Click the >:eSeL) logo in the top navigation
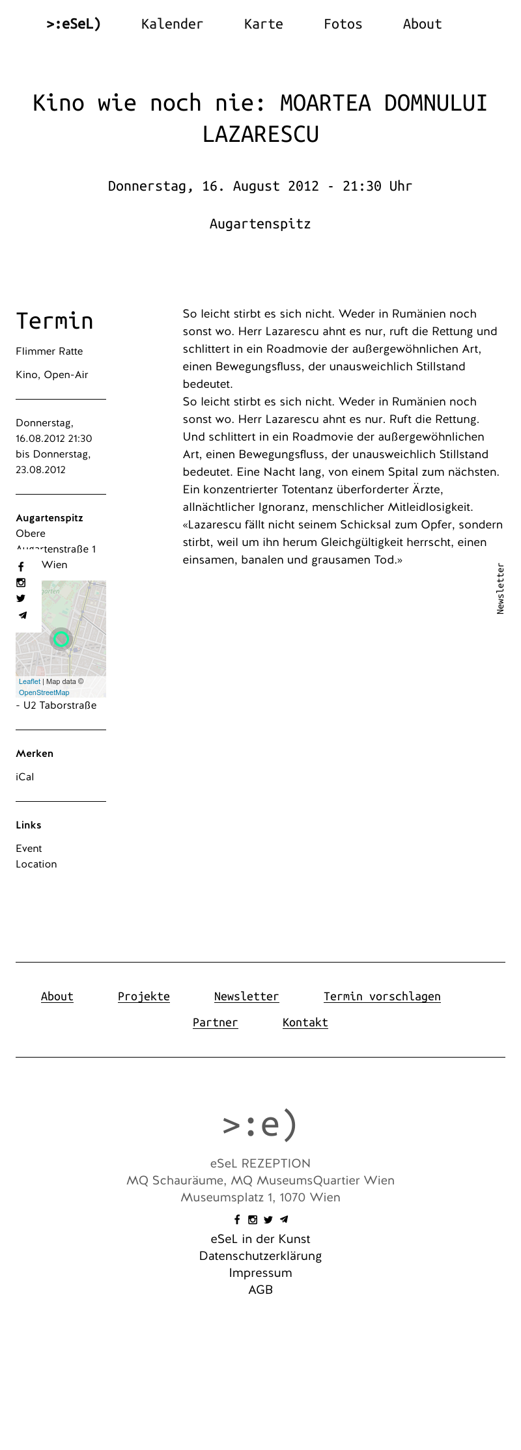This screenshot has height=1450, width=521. coord(74,24)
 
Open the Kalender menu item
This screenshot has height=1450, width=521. coord(172,24)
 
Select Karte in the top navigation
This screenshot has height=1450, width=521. coord(263,24)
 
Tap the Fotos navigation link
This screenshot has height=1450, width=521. coord(343,24)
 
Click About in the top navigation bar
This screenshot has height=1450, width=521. coord(422,24)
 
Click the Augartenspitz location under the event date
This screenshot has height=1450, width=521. coord(260,224)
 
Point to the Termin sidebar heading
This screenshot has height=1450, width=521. coord(54,321)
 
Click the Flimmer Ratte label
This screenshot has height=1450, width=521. coord(49,351)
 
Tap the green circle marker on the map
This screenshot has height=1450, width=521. coord(61,639)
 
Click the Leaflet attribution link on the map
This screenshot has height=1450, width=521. coord(29,681)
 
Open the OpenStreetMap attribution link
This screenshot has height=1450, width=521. coord(44,692)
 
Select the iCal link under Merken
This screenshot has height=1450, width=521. coord(25,777)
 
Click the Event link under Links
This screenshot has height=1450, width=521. coord(29,849)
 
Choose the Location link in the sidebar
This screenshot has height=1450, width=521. coord(36,864)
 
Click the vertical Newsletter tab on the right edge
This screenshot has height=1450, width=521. coord(500,588)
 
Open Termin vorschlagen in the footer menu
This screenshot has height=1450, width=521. coord(382,996)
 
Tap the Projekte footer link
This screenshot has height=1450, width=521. coord(143,996)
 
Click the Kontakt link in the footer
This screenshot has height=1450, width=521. coord(305,1022)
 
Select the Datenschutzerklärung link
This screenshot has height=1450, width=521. coord(260,1256)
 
